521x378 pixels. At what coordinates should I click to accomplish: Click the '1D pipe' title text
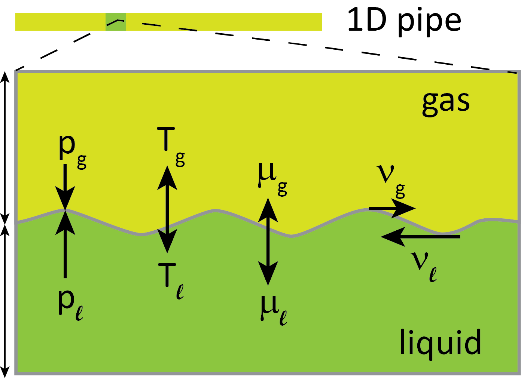click(404, 21)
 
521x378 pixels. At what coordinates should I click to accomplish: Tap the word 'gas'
click(445, 102)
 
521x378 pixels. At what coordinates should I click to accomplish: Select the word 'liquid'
click(440, 342)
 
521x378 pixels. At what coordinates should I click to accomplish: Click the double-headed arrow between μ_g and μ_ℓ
click(268, 241)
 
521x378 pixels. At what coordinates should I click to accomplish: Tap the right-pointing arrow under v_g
click(391, 209)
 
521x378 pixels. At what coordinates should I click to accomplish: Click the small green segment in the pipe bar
click(116, 22)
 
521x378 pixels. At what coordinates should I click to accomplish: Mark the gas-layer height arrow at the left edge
click(5, 146)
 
